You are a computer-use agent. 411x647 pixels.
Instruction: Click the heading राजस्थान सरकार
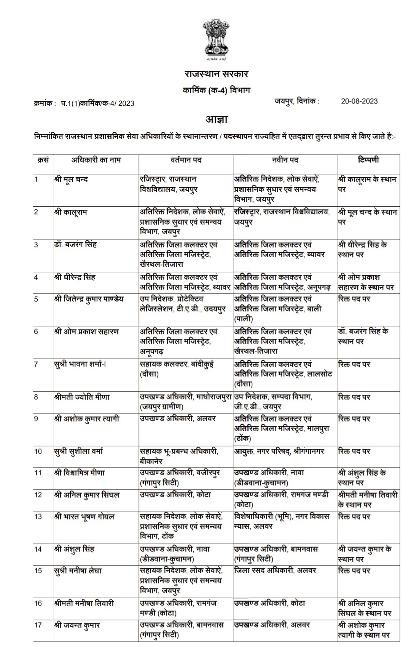pos(216,73)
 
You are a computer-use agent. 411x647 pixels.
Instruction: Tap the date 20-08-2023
pos(359,101)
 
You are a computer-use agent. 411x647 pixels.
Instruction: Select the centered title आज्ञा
pos(217,119)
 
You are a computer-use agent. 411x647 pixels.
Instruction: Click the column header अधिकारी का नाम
pos(96,160)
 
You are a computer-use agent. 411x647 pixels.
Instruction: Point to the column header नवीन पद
pos(285,160)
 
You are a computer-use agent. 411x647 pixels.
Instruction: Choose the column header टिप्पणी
pos(368,160)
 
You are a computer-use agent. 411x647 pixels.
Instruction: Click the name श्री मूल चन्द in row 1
pos(71,179)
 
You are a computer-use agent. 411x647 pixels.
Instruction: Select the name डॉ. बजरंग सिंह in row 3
pos(75,245)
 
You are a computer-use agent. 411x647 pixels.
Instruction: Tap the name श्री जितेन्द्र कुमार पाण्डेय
pos(89,299)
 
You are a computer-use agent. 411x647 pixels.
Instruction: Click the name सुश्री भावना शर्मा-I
pos(80,364)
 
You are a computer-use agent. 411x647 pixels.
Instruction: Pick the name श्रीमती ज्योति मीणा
pos(82,397)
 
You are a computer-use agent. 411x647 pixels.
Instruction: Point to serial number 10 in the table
pos(38,451)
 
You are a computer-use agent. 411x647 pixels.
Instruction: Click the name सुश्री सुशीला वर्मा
pos(78,451)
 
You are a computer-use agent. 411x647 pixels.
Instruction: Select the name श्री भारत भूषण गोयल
pos(84,517)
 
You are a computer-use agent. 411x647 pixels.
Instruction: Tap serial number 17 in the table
pos(38,625)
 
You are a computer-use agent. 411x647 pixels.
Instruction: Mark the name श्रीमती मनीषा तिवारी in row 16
pos(84,604)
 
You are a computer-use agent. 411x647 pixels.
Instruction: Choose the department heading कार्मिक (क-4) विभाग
pos(216,91)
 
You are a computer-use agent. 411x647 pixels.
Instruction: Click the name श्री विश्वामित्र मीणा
pos(80,473)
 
